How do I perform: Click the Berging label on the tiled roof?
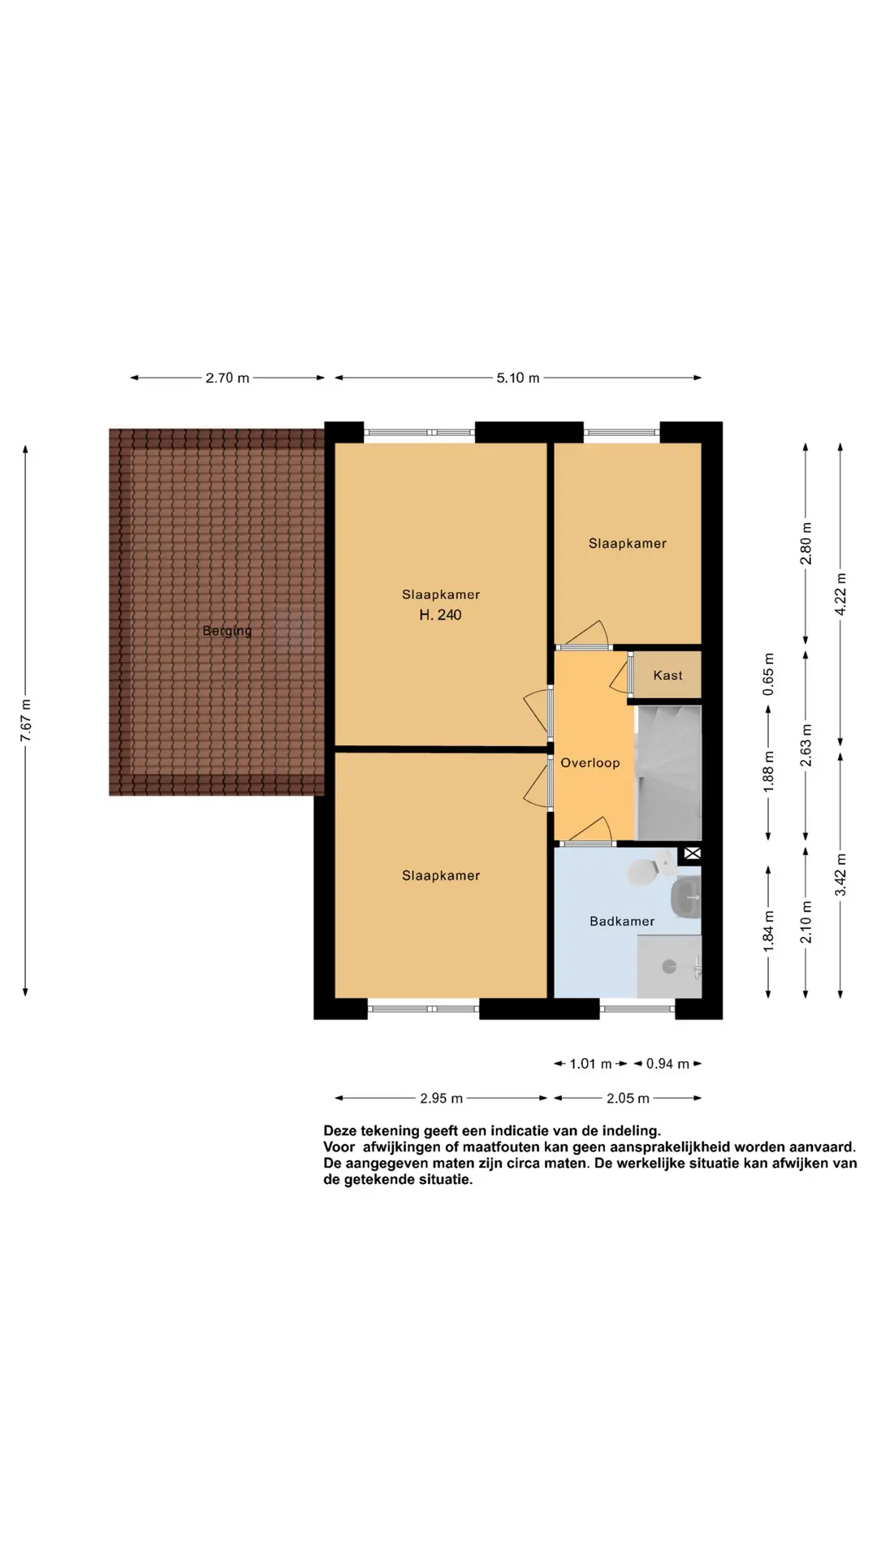click(x=227, y=631)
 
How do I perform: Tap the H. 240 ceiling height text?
click(x=440, y=615)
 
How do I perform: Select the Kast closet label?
click(x=667, y=675)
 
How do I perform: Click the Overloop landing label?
click(x=590, y=762)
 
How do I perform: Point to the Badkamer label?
click(x=622, y=921)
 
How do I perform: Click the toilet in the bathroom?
click(x=646, y=870)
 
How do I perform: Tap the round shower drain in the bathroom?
click(x=670, y=966)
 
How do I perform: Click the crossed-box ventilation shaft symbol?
click(x=692, y=853)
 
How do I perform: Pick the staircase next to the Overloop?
click(x=668, y=772)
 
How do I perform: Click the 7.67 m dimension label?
click(x=26, y=719)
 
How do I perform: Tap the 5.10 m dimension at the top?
click(x=518, y=378)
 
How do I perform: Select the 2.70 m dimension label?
click(x=227, y=378)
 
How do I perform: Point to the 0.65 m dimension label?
click(x=768, y=674)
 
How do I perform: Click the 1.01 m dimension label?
click(x=590, y=1064)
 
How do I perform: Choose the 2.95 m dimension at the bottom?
click(x=441, y=1099)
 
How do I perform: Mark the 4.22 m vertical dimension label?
click(x=841, y=594)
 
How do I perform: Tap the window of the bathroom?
click(x=637, y=1008)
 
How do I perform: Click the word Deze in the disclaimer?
click(x=340, y=1130)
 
